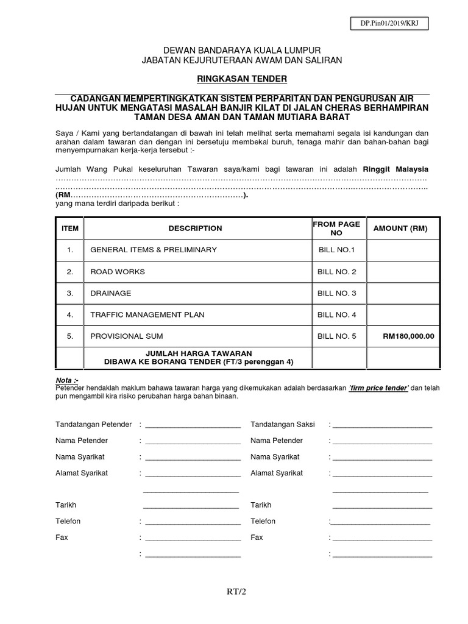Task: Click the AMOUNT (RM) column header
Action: click(x=400, y=229)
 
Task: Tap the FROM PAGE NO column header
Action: click(x=336, y=229)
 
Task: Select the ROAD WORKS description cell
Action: click(x=118, y=272)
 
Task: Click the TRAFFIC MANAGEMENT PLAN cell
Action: click(x=147, y=314)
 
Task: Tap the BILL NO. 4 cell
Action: click(x=336, y=314)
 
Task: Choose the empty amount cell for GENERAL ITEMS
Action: click(x=400, y=250)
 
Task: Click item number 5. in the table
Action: click(x=70, y=336)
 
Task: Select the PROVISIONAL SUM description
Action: click(x=127, y=336)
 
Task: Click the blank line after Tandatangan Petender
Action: click(x=193, y=425)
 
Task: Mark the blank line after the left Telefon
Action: click(x=193, y=522)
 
